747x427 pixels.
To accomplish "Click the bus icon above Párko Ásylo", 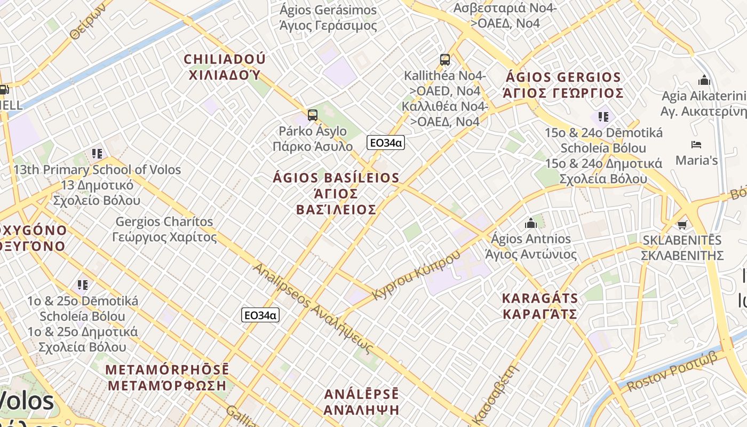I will pos(313,115).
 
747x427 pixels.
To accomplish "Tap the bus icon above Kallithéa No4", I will pos(445,59).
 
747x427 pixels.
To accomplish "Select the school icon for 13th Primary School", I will pos(97,154).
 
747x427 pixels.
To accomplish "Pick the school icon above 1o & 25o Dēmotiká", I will pos(82,284).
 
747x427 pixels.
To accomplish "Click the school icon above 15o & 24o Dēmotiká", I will pos(603,116).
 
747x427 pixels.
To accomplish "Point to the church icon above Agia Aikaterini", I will pos(704,81).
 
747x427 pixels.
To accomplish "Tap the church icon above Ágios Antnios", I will pos(531,223).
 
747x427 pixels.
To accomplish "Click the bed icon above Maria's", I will pos(696,145).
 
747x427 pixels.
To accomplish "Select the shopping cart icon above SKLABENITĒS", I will pos(682,224).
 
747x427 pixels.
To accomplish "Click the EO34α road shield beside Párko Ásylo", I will pos(385,143).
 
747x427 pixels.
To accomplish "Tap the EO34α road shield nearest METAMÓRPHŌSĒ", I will pos(260,315).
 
